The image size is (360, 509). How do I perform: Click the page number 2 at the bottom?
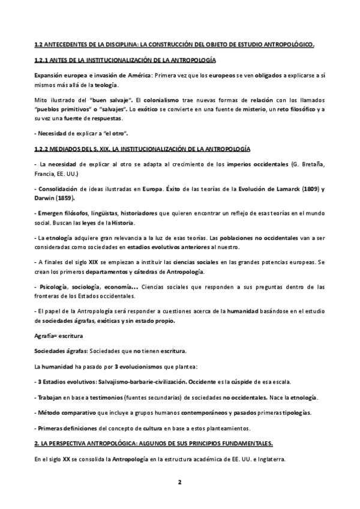coord(179,481)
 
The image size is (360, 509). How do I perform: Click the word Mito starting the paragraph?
coord(43,100)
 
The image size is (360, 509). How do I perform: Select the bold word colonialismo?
coord(163,100)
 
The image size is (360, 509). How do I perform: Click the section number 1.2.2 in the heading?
coord(44,148)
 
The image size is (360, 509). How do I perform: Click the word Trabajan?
coord(52,398)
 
